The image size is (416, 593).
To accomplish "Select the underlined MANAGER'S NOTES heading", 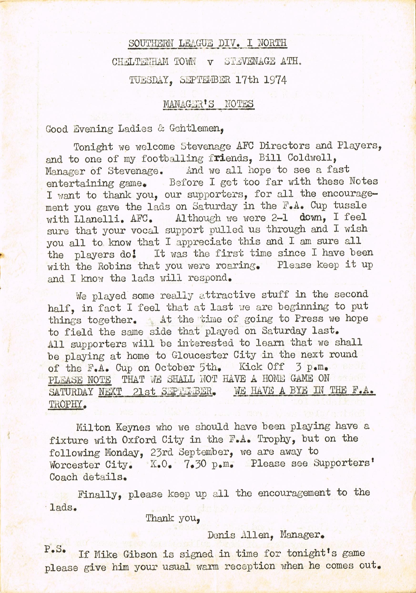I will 208,104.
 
